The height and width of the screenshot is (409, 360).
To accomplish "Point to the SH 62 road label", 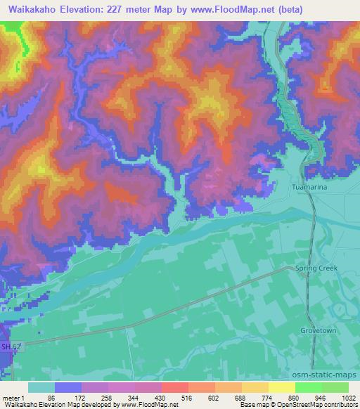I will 10,346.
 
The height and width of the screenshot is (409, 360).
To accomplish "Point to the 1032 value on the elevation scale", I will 348,398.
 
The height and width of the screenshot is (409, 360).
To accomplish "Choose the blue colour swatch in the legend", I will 68,387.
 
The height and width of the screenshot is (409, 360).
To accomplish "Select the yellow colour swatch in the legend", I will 281,387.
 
